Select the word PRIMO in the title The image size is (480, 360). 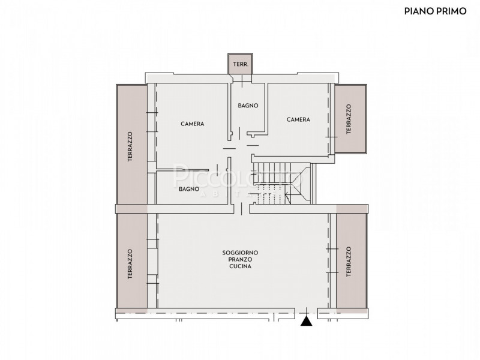pyautogui.click(x=450, y=11)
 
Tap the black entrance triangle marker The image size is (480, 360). pyautogui.click(x=307, y=322)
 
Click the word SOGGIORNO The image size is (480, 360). pyautogui.click(x=240, y=253)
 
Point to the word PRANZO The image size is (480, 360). pyautogui.click(x=240, y=260)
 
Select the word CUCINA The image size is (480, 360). pyautogui.click(x=240, y=266)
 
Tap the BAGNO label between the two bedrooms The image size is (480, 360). pyautogui.click(x=248, y=106)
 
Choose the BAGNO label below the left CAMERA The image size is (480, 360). pyautogui.click(x=188, y=189)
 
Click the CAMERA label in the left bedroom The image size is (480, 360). pyautogui.click(x=193, y=124)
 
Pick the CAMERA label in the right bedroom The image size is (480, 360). pyautogui.click(x=298, y=119)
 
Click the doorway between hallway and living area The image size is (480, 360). pyautogui.click(x=241, y=208)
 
